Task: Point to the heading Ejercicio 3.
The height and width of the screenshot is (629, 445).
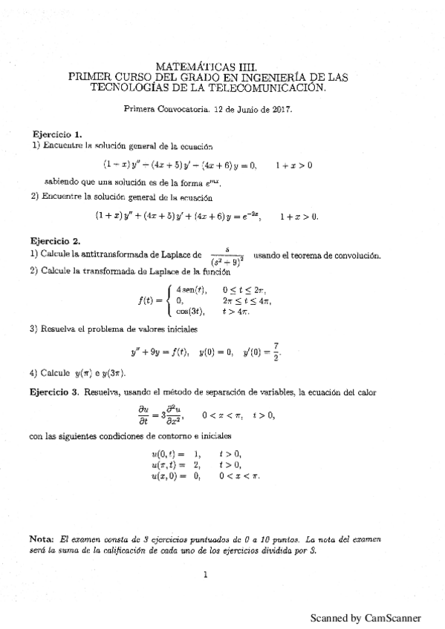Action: [54, 390]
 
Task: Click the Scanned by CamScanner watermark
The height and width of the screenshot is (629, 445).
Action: [366, 617]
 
